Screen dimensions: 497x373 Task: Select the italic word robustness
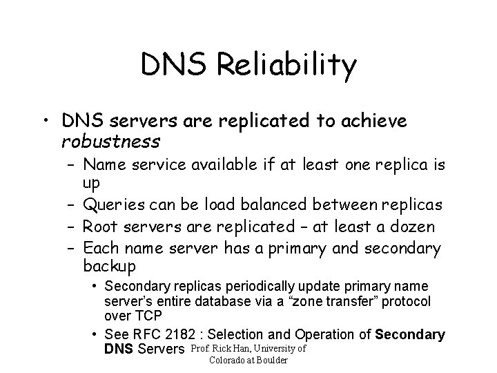click(x=111, y=142)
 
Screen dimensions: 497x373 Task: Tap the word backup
click(x=109, y=266)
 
